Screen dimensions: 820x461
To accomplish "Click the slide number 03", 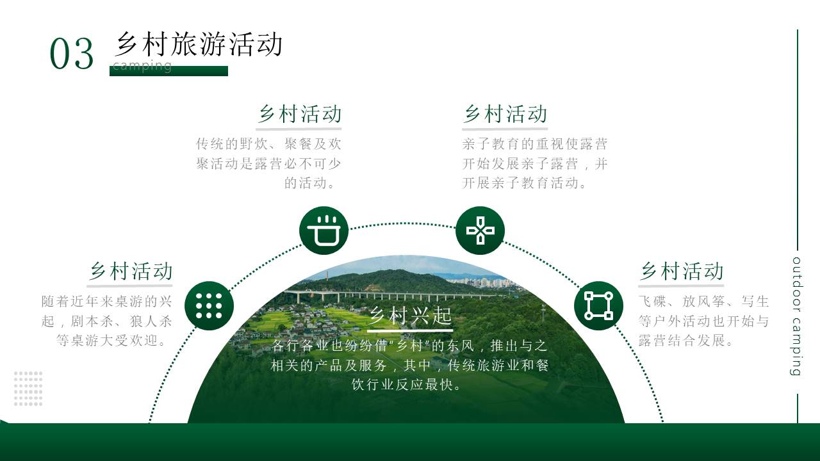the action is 72,53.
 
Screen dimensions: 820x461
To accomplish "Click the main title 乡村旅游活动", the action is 199,44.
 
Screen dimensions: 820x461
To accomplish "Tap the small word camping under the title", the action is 142,65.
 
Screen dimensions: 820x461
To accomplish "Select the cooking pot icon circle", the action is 324,230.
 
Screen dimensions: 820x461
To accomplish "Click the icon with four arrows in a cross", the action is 480,230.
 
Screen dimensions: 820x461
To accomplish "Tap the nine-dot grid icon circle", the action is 209,305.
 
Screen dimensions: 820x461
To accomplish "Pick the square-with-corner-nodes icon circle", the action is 598,305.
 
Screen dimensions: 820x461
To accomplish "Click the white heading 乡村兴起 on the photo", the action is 411,316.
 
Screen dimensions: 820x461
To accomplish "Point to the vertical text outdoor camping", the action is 796,316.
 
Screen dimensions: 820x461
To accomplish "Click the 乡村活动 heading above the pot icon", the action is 300,114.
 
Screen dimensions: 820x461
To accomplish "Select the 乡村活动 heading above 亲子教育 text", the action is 505,114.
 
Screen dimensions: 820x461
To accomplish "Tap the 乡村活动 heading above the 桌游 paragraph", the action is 130,271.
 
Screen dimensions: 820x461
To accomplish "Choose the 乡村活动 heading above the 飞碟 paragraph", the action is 682,271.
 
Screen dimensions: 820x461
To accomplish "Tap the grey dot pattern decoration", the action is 28,389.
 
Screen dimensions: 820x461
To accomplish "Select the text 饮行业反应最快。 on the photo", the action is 406,385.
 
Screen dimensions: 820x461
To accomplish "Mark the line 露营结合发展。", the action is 686,341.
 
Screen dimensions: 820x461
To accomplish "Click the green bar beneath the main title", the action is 168,71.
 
